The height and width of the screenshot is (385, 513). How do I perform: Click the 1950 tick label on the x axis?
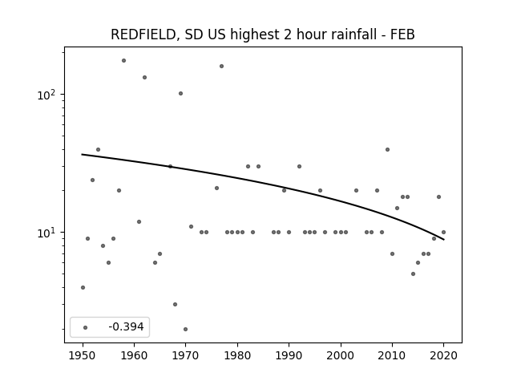coord(83,355)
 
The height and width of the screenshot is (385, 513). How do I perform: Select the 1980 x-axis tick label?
coord(237,355)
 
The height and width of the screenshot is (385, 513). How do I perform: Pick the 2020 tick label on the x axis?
coord(443,355)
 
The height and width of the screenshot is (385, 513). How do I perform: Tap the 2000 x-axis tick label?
coord(341,355)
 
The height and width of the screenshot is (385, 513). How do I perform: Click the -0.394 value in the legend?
coord(126,326)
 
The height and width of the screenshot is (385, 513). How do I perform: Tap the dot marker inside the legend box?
coord(86,327)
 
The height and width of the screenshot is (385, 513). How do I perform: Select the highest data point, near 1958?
coord(123,61)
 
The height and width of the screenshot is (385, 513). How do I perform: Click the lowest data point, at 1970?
coord(185,329)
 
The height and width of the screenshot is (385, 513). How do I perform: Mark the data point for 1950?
coord(83,287)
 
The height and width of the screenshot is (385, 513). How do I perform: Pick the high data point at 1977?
coord(221,66)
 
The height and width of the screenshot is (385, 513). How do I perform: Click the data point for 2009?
coord(387,150)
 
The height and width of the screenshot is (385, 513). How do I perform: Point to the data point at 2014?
coord(414,274)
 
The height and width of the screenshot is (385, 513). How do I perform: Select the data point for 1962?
coord(144,77)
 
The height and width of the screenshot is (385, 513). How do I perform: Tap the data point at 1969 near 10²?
coord(180,93)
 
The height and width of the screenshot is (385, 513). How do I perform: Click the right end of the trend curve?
coord(443,240)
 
